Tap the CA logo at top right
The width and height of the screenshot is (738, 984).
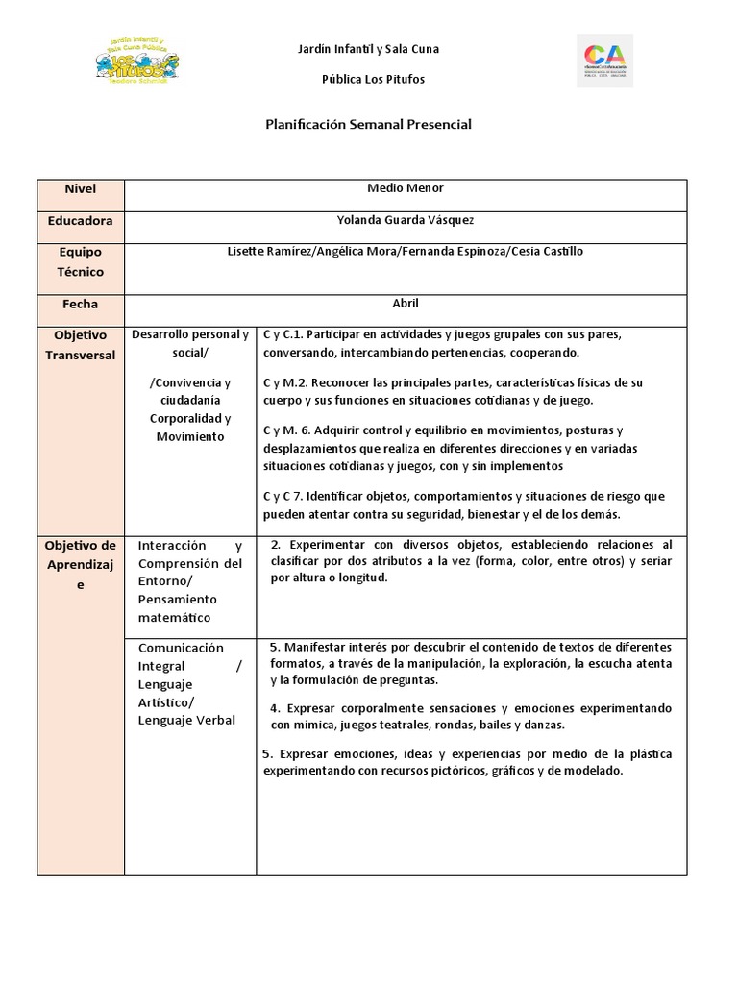604,61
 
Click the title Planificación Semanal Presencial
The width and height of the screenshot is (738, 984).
368,125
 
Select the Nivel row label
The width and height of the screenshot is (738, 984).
81,189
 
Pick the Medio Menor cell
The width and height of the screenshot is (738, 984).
406,188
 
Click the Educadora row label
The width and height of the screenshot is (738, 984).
81,221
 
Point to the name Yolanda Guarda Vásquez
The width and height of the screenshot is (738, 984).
406,220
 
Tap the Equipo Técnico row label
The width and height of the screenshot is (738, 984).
81,261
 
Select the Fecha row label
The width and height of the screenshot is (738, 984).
81,304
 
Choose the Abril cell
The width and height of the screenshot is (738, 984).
406,303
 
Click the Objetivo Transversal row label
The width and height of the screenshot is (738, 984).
81,345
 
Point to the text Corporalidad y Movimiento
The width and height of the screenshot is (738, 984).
189,428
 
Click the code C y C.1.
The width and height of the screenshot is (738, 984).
283,334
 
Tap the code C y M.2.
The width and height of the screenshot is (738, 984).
284,382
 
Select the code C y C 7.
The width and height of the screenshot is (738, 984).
283,496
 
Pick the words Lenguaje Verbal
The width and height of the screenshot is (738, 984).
186,720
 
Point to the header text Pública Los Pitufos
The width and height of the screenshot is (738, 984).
372,79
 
